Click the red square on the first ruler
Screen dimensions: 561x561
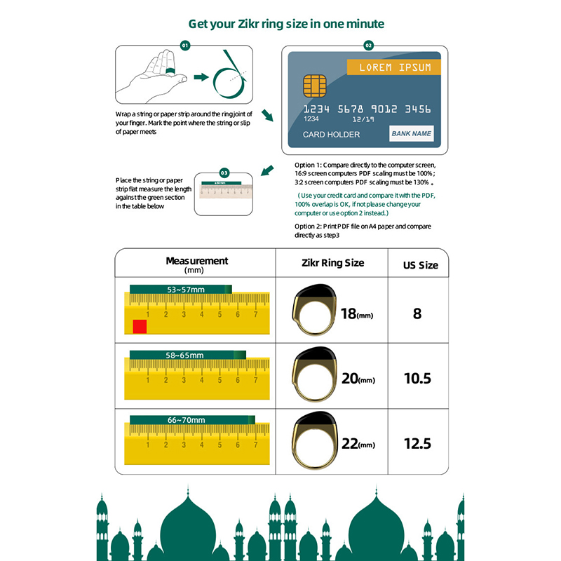140,326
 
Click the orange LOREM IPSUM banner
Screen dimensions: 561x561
395,67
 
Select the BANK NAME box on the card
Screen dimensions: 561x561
412,133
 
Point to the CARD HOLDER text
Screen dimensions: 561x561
332,135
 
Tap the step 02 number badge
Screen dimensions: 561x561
368,45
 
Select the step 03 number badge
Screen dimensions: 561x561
224,172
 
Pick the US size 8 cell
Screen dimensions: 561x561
417,313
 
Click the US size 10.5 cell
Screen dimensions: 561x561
417,379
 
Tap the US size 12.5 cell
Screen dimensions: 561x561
417,443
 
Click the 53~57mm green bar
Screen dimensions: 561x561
180,289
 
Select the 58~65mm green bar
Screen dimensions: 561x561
187,355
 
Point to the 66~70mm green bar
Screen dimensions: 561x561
189,419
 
